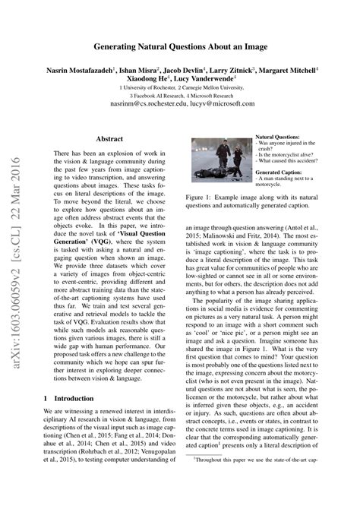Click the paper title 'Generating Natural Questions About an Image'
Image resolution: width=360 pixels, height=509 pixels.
(x=179, y=46)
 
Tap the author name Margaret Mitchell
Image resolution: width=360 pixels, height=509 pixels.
(x=288, y=68)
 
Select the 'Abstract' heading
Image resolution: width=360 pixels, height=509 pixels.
(x=109, y=138)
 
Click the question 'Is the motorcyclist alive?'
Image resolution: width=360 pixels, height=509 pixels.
(x=284, y=154)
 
